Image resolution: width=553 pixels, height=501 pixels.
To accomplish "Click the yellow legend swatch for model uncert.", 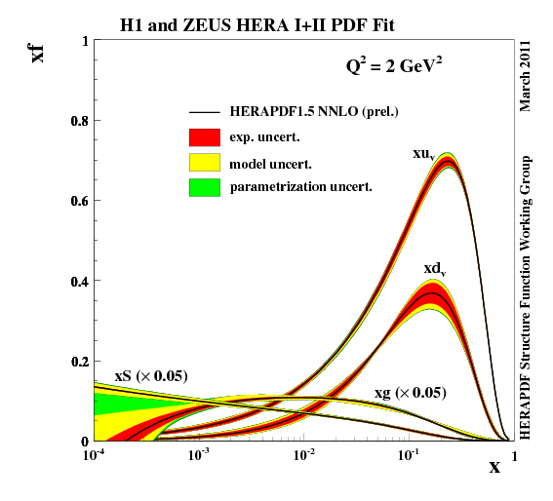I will coord(205,162).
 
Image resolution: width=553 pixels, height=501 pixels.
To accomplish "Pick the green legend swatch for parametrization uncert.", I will coord(205,186).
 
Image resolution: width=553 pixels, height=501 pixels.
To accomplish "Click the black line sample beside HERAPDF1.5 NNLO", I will coord(205,112).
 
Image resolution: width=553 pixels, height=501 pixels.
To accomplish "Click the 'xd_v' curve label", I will coord(435,268).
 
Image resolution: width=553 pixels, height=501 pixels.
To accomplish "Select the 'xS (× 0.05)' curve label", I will coord(151,375).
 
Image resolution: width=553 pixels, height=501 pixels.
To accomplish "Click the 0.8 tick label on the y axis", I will coord(77,121).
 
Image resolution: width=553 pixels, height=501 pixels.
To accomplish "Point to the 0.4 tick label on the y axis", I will coord(77,282).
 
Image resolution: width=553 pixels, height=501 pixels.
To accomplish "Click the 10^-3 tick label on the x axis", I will coord(199,455).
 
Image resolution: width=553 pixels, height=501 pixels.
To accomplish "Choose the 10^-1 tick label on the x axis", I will coord(408,455).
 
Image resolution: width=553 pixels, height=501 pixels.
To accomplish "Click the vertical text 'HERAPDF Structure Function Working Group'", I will coord(527,297).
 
